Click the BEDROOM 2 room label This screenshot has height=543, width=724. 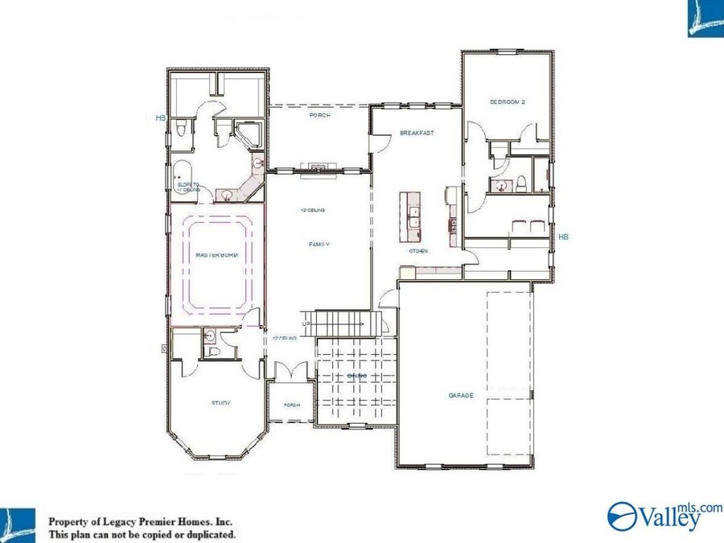click(508, 102)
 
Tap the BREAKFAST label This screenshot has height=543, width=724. click(417, 133)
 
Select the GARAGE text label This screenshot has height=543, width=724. click(461, 395)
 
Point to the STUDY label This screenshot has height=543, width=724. click(221, 403)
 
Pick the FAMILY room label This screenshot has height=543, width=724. click(320, 244)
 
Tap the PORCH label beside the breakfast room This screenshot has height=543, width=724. click(320, 116)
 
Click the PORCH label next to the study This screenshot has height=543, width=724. click(291, 405)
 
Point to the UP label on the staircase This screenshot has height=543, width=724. click(306, 323)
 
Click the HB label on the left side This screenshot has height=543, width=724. click(160, 118)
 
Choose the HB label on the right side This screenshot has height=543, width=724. click(563, 237)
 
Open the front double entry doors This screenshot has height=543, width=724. click(290, 372)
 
